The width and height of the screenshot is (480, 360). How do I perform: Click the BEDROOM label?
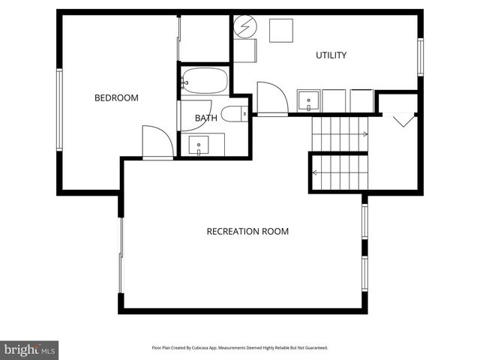point(116,97)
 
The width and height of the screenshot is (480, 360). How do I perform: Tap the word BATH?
point(206,118)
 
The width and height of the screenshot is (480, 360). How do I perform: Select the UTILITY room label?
point(331,55)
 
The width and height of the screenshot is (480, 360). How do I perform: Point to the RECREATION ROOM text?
point(247,232)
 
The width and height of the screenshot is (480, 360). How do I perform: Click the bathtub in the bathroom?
point(204,80)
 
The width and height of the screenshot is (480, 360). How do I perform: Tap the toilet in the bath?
point(234,114)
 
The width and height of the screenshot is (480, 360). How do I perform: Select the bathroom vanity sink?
point(199,144)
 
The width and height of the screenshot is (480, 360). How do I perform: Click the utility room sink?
point(308,100)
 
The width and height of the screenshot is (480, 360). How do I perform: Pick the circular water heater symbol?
point(244,28)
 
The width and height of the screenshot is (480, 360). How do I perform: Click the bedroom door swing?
point(156,141)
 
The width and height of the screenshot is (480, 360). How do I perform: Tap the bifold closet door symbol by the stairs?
point(402,118)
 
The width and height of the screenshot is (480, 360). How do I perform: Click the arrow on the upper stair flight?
point(364,135)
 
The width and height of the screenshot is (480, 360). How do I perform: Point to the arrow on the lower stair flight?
point(316,172)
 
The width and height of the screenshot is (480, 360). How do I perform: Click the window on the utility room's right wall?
point(421,56)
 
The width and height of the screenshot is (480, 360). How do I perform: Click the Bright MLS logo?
point(29,349)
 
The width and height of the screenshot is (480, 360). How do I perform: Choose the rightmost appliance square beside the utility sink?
point(361,100)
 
